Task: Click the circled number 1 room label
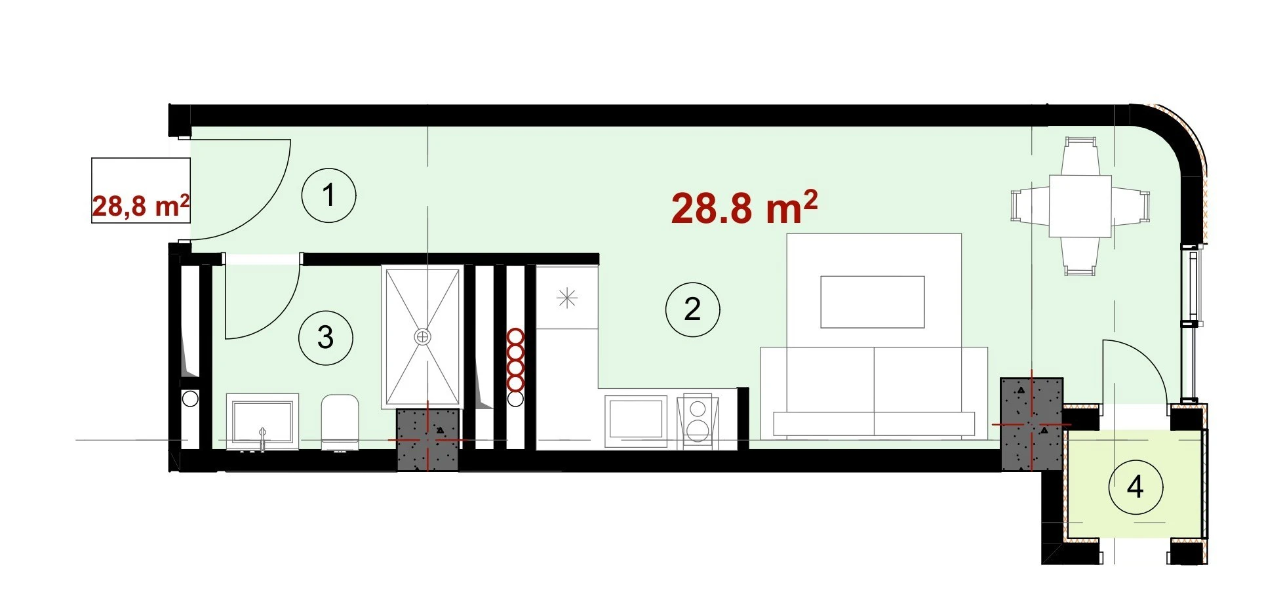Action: point(328,195)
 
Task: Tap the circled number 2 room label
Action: point(692,309)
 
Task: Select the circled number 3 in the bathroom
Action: point(325,338)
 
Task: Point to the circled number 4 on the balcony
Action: point(1136,487)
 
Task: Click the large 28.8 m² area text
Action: point(744,208)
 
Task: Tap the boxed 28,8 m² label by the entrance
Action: point(140,205)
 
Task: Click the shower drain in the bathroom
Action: point(423,337)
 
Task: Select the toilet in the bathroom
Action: point(340,423)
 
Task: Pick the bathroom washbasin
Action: point(262,422)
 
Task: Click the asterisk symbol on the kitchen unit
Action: point(566,298)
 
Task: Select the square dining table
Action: point(1080,206)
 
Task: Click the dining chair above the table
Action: point(1080,155)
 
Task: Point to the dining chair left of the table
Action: point(1029,206)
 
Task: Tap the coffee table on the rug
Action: point(873,302)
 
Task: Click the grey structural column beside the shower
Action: point(427,439)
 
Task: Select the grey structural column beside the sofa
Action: point(1031,424)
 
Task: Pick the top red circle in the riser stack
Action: point(516,337)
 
